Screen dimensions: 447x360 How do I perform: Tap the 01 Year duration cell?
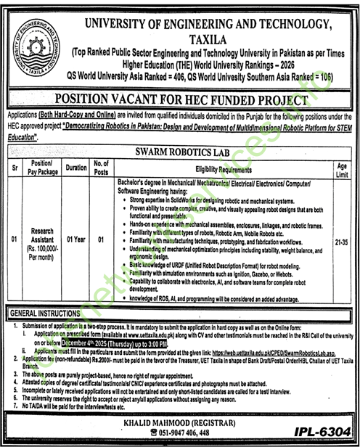click(x=75, y=237)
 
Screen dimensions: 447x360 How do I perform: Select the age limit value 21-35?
click(x=343, y=237)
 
